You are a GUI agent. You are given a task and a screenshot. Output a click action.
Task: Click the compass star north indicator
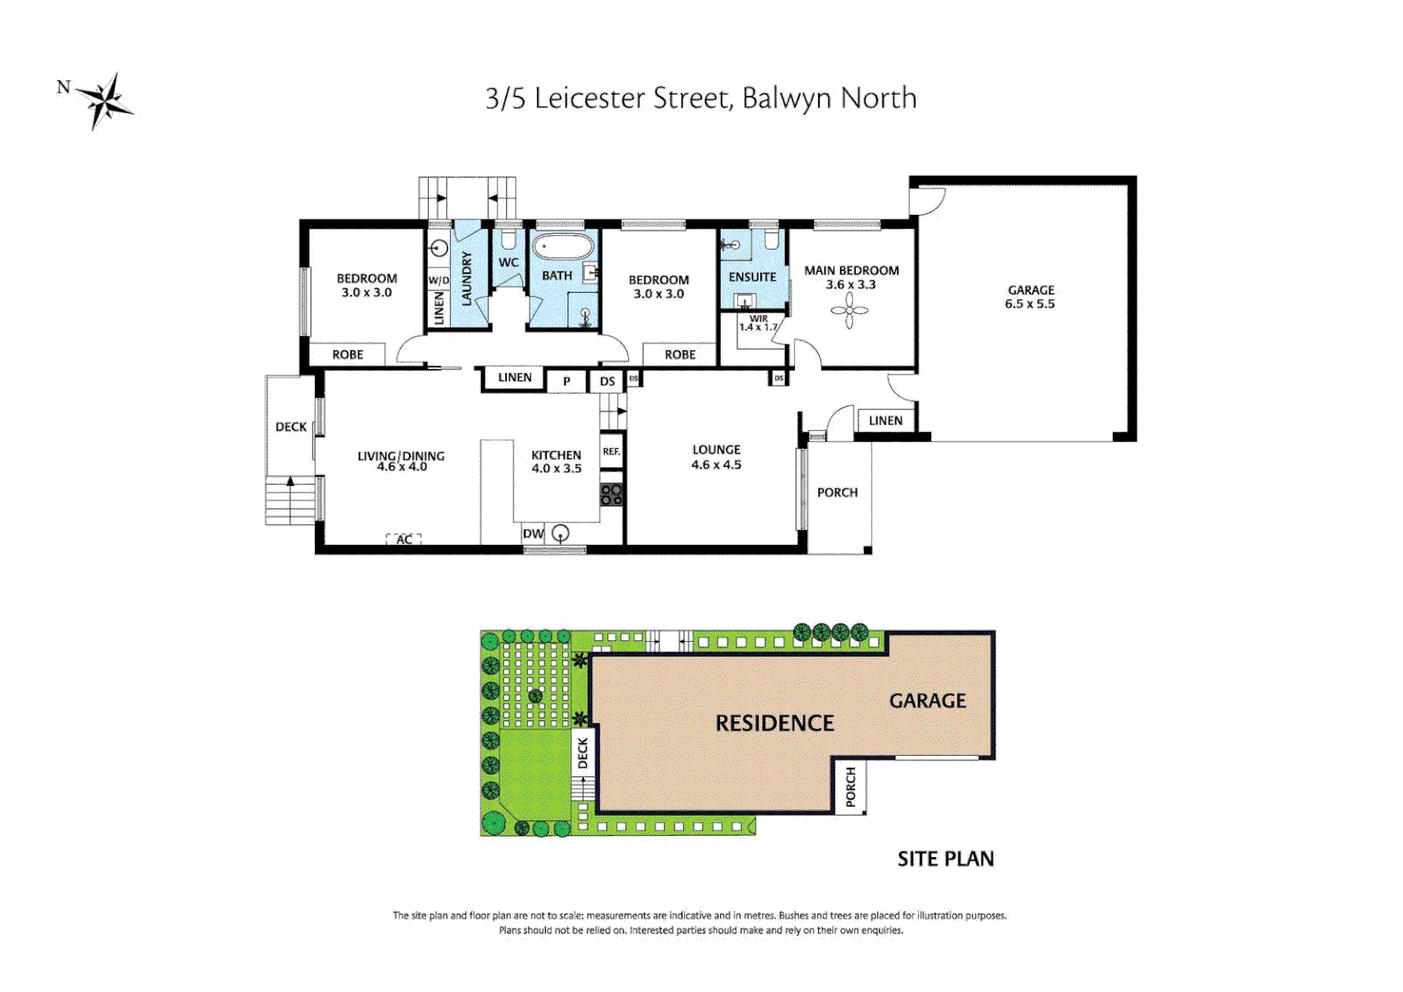104,99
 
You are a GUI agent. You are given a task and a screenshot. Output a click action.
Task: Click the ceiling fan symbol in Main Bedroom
849,310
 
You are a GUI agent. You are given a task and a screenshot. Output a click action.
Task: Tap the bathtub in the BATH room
564,247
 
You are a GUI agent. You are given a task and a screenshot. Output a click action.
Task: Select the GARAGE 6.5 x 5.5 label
1030,297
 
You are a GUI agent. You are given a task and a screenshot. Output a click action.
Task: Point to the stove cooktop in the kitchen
612,494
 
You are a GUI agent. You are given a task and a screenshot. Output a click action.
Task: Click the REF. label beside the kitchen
612,451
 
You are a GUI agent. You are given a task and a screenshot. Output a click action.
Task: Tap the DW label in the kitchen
533,534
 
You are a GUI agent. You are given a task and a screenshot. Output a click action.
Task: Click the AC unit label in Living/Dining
404,539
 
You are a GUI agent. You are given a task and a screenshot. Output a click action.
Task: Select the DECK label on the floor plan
291,426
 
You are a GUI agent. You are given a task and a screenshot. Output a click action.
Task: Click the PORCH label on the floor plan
837,492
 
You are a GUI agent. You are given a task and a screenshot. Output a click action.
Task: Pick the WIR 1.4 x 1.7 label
758,323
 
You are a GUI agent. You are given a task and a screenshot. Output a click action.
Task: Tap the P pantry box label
567,381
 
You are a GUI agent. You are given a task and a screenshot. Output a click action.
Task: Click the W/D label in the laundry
439,280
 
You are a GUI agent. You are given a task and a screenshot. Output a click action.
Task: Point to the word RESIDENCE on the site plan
775,724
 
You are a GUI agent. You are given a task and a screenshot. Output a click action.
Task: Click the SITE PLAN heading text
946,859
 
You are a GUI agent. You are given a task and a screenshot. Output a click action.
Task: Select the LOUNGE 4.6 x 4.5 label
716,457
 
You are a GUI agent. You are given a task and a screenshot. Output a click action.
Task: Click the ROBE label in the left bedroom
348,355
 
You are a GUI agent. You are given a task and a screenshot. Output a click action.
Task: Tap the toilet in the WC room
508,241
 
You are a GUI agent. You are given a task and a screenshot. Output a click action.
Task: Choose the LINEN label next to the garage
885,421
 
